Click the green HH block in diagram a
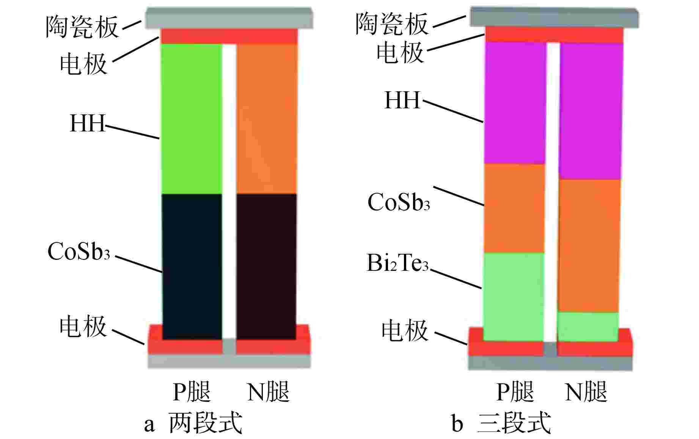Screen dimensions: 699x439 [x=192, y=119]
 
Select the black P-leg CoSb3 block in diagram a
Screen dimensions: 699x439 [x=192, y=266]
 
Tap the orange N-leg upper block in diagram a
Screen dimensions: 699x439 [x=267, y=119]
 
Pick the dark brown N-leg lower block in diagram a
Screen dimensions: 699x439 [x=266, y=266]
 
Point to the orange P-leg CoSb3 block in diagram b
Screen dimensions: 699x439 [x=514, y=208]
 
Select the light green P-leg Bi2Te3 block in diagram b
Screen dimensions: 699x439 [x=513, y=297]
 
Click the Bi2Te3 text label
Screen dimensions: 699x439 [x=398, y=262]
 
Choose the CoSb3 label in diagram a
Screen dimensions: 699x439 [x=79, y=251]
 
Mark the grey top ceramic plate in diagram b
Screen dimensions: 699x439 [x=554, y=17]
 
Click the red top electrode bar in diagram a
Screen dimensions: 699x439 [x=229, y=36]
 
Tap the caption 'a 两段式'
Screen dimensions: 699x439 [x=193, y=423]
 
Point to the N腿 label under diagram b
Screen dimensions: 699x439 [x=586, y=392]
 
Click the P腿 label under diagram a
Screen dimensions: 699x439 [x=192, y=392]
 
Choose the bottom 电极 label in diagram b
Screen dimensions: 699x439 [x=405, y=330]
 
